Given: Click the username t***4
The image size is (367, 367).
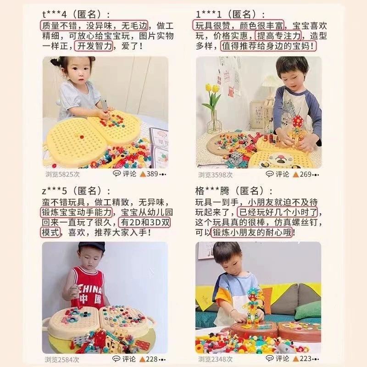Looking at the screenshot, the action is pos(54,15).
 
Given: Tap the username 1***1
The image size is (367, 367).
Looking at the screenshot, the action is pos(208,15).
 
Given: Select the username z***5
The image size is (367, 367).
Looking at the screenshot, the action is pos(54,191).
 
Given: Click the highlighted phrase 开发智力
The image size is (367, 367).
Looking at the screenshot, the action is pos(94,46).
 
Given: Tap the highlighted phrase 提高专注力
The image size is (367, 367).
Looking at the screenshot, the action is pos(278,36).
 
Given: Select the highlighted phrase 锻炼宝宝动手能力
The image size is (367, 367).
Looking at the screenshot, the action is pos(76,212).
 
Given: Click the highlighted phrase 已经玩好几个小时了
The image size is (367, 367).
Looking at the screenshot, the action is pos(278,212).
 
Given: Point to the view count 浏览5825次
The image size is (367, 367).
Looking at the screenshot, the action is pos(62,174).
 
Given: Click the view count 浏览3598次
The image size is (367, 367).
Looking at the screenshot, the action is pos(215,175).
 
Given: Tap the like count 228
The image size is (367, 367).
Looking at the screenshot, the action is pos(152,359).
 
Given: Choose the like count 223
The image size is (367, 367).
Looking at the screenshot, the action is pos(305,359).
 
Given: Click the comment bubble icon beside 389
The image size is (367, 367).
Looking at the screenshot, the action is pos(117,173).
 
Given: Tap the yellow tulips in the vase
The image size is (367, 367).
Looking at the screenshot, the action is pos(212,89).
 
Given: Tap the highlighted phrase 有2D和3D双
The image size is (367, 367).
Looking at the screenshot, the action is pos(145,222).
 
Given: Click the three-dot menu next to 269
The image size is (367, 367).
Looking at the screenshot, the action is pos(316,175).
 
